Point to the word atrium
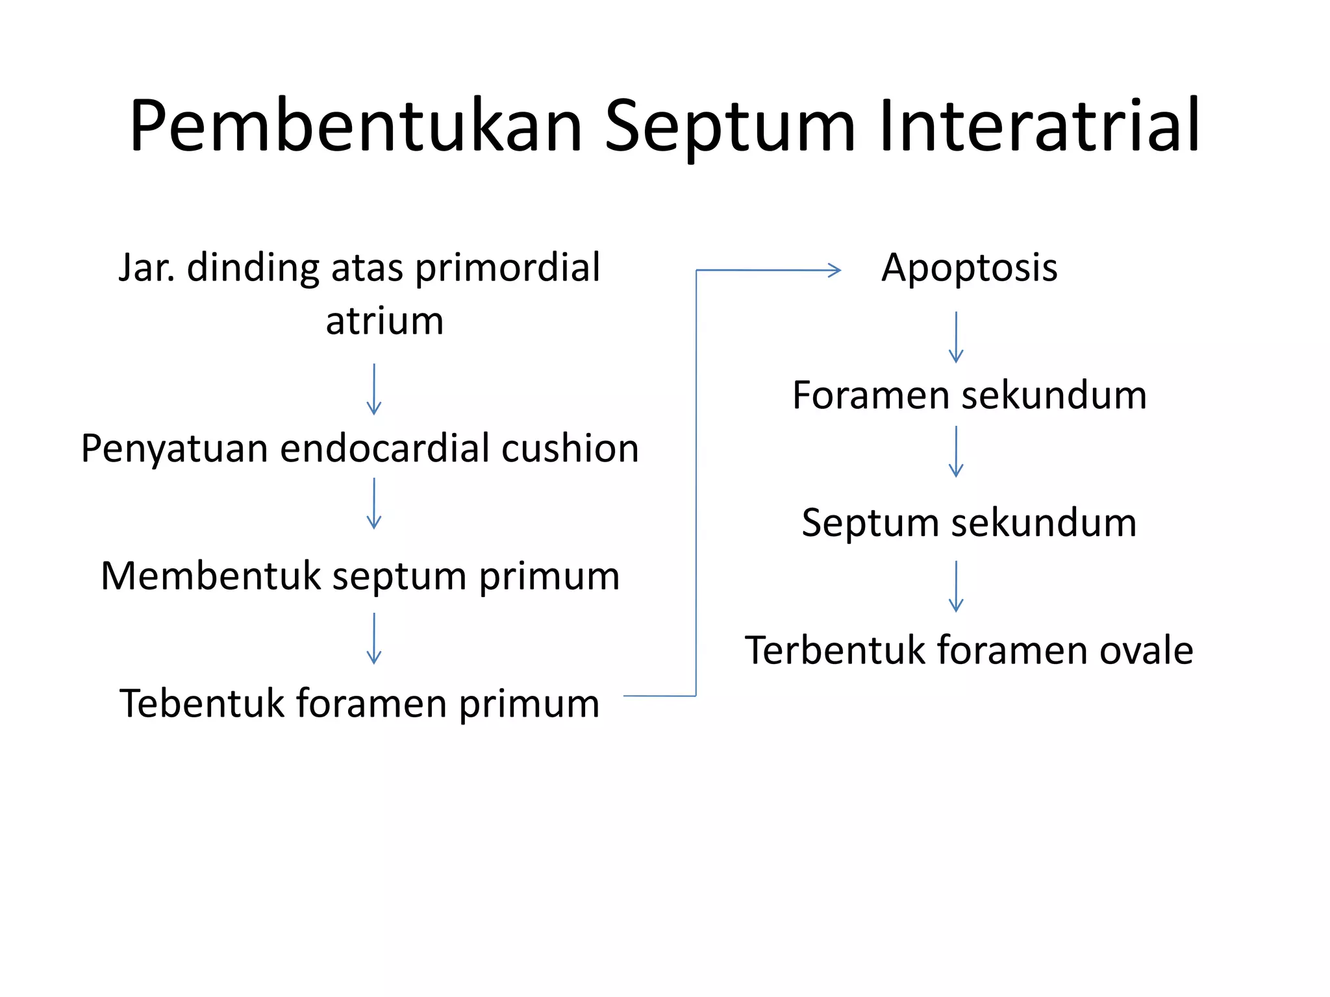point(384,321)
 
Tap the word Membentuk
point(211,576)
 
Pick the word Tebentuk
point(202,703)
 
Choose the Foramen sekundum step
point(969,395)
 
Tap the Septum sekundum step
point(969,523)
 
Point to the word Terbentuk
point(834,650)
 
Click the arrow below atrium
point(374,389)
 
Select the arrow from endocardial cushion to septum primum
point(374,504)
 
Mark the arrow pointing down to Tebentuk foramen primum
point(374,638)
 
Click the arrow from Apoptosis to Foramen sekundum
point(956,337)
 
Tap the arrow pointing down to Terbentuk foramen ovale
point(956,586)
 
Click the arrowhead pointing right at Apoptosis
point(834,270)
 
